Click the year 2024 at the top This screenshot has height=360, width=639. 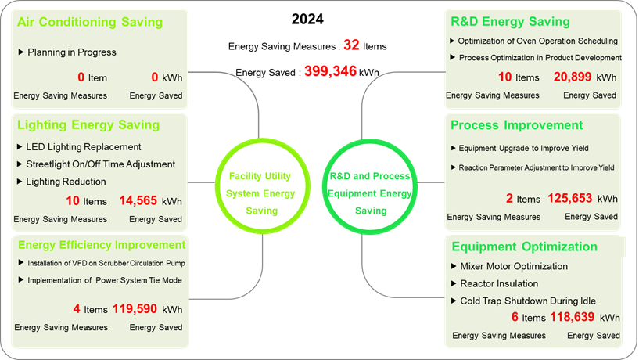coord(307,19)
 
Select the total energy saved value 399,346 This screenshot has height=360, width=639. coord(331,71)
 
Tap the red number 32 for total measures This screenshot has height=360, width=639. coord(351,45)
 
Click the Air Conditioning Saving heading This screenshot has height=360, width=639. coord(90,22)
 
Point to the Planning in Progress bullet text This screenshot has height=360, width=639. coord(72,52)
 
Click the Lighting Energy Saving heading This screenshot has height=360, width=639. coord(88,124)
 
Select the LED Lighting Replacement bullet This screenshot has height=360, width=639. coord(84,147)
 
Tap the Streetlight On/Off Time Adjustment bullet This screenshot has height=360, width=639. coord(101,164)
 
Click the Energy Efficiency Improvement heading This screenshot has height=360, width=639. coord(102,245)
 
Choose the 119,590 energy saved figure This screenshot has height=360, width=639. coord(135,309)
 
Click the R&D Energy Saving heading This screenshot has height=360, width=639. coord(510,22)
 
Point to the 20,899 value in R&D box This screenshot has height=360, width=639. coord(573,77)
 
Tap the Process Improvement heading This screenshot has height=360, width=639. coord(517,124)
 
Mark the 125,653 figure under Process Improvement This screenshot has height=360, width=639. coord(569,198)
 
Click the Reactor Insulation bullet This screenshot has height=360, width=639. coord(499,284)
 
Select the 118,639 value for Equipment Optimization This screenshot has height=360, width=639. coord(573,317)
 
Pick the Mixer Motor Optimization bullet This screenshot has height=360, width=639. coord(514,266)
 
